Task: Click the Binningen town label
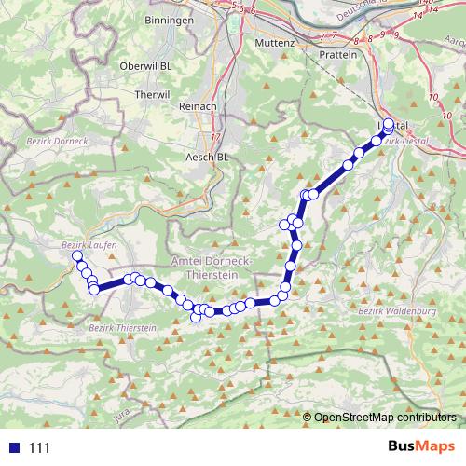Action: click(x=169, y=20)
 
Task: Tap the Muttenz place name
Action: click(x=274, y=43)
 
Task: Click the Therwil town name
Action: click(x=153, y=95)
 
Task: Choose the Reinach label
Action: click(x=197, y=107)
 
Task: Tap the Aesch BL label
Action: click(x=208, y=157)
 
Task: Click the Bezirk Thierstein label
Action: click(x=123, y=328)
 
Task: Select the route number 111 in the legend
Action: click(x=40, y=447)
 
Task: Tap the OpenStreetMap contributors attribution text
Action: click(x=386, y=417)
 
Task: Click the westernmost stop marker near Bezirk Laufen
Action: click(x=77, y=255)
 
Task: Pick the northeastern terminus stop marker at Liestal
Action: click(x=389, y=123)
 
